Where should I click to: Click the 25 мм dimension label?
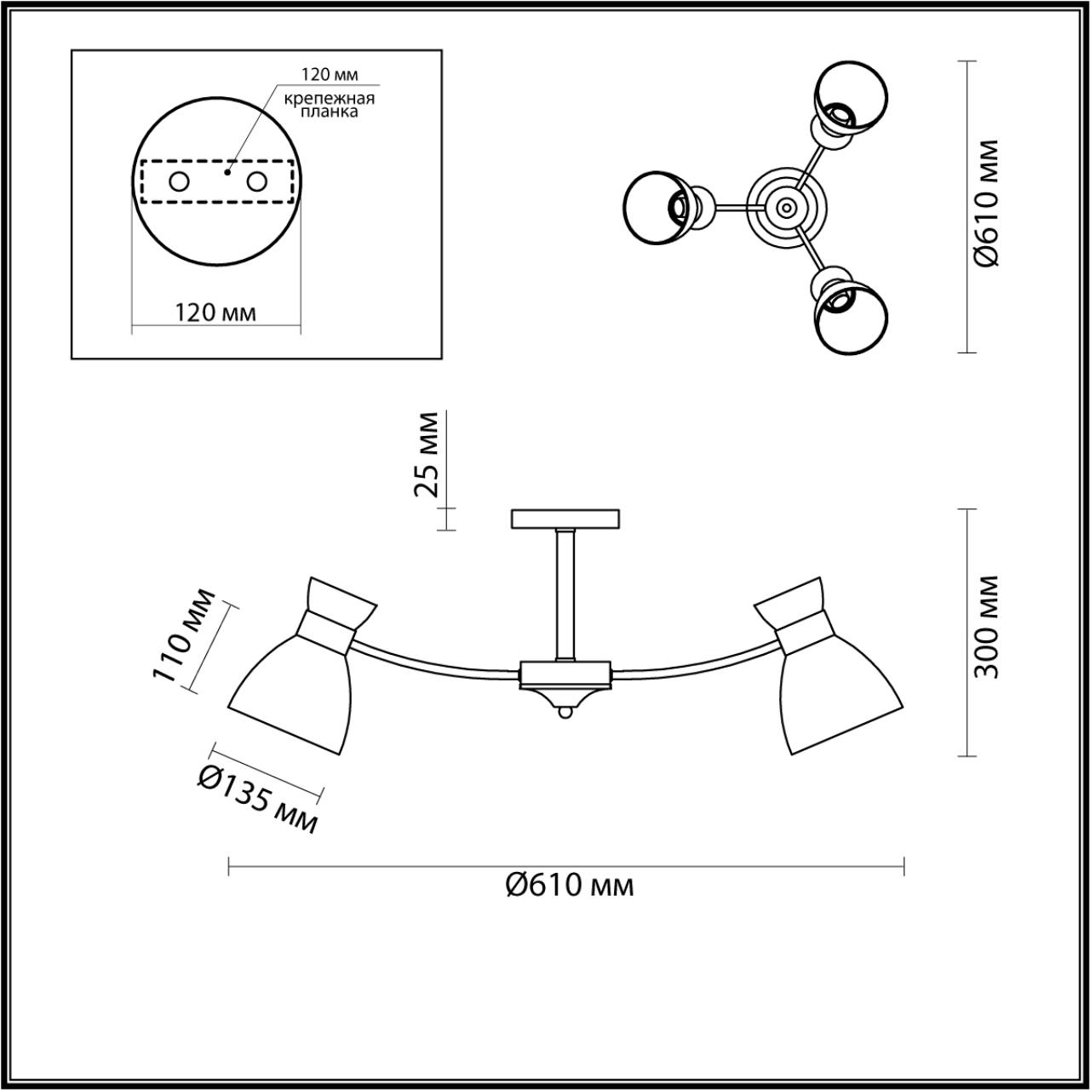pos(426,454)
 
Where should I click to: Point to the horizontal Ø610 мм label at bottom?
pos(569,886)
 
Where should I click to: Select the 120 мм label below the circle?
pos(215,313)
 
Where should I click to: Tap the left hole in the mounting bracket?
pos(180,181)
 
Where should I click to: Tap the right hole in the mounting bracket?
pos(256,181)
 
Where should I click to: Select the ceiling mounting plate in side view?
pos(565,519)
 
